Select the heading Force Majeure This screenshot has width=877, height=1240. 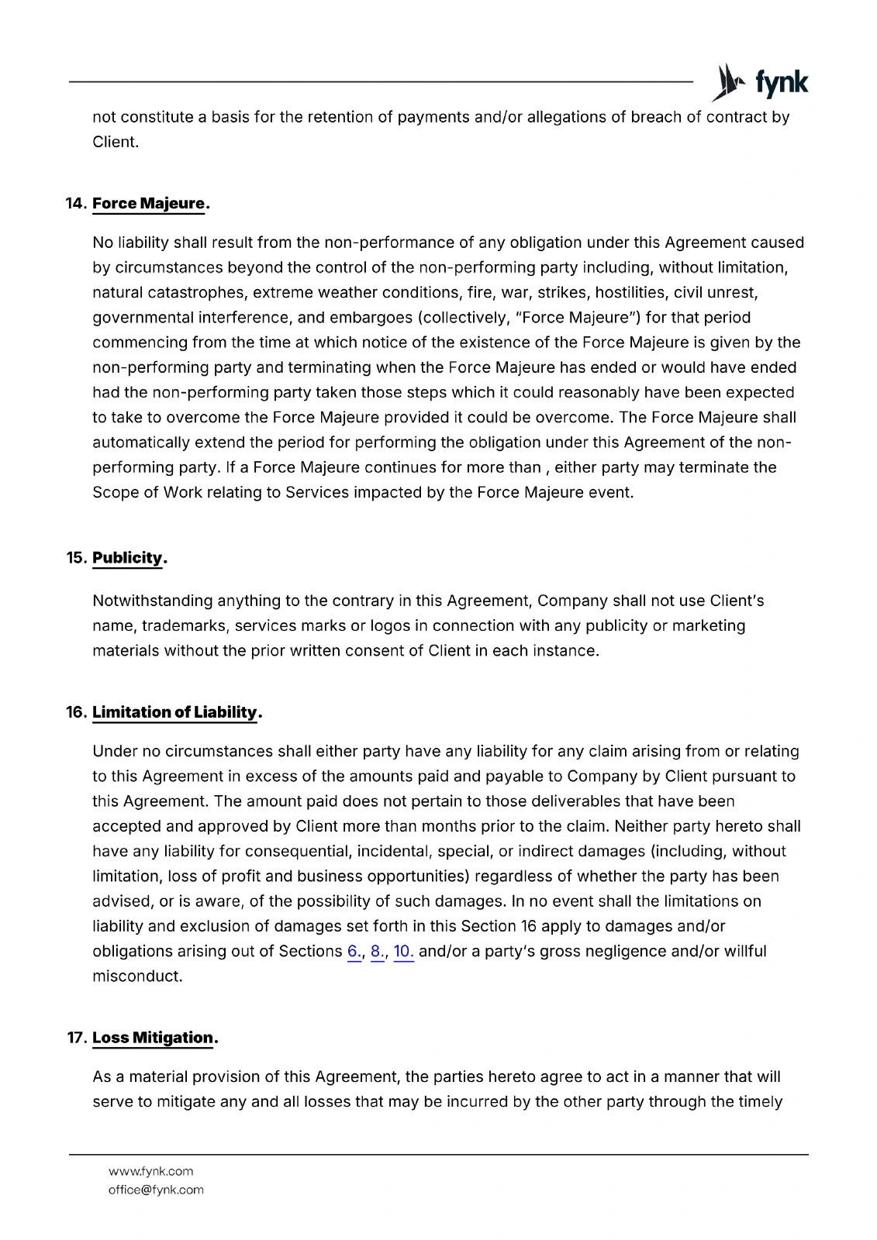149,204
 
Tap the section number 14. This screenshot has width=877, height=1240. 76,204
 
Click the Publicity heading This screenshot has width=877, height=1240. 128,558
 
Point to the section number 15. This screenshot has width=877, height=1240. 76,558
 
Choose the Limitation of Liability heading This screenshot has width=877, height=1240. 174,712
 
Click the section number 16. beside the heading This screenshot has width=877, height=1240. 76,712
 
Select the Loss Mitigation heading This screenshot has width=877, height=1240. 153,1038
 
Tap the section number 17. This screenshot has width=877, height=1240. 76,1038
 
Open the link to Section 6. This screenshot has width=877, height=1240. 354,952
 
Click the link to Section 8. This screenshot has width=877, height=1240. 378,952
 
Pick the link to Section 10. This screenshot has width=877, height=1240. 403,952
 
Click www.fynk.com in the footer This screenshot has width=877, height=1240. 150,1171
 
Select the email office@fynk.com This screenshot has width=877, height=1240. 155,1190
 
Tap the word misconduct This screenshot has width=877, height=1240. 136,976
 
